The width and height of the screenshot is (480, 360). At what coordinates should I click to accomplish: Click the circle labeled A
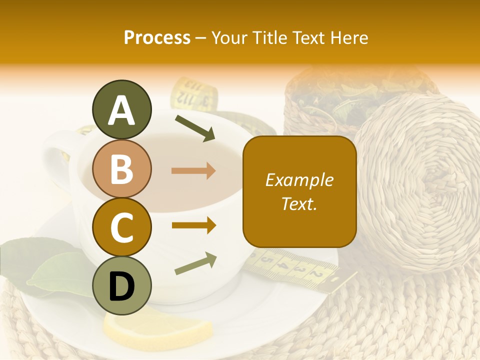click(x=121, y=109)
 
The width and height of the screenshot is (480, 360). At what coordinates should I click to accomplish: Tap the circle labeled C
click(x=121, y=227)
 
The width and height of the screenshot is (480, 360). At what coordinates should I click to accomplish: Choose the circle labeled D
click(x=121, y=286)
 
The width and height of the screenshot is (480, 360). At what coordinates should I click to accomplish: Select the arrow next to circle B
click(x=193, y=171)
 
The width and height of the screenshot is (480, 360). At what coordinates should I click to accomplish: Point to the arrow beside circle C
click(x=193, y=225)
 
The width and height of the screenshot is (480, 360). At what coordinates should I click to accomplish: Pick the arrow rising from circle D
click(x=195, y=264)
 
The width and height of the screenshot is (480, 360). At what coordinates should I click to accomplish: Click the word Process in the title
click(x=157, y=37)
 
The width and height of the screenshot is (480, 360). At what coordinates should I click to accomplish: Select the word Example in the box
click(x=299, y=180)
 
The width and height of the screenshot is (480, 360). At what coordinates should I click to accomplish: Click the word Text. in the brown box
click(x=299, y=203)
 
